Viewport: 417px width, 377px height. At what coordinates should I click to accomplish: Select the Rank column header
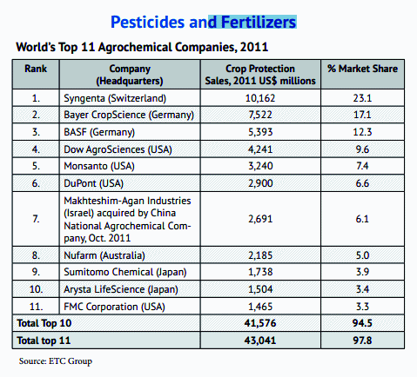coord(37,68)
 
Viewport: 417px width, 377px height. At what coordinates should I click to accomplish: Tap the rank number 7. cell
coord(37,219)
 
